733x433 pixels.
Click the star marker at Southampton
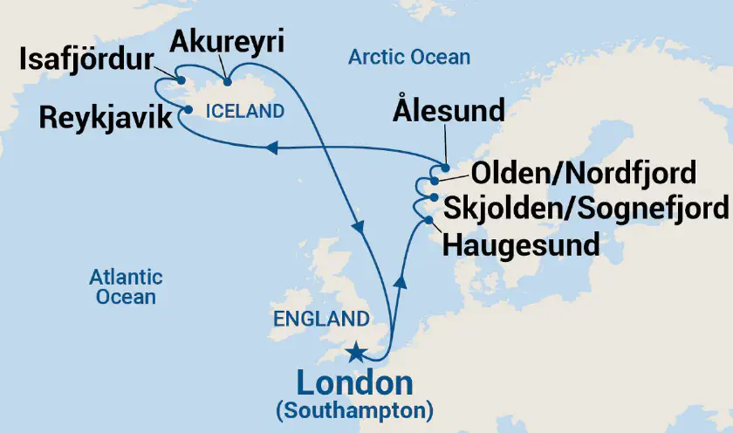pos(356,353)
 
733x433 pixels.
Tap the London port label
pos(354,383)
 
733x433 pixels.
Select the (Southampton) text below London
pos(354,409)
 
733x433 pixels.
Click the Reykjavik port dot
pos(188,110)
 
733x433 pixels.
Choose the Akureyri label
pos(229,40)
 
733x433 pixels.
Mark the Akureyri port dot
pos(228,83)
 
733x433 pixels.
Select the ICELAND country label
pos(245,112)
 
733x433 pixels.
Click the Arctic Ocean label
pos(409,58)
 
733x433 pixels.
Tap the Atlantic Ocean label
pos(126,287)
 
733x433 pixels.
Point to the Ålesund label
pos(449,111)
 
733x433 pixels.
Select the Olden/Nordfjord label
pos(571,173)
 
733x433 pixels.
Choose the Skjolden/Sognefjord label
pos(585,208)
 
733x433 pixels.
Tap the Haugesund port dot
pos(428,220)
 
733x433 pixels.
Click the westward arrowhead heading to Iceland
pos(272,149)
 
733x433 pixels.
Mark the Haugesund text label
pos(521,244)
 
